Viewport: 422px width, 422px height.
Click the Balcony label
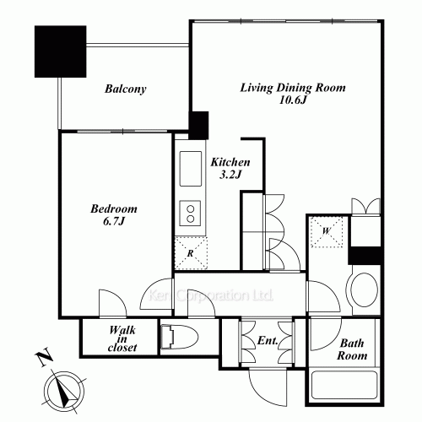(x=126, y=89)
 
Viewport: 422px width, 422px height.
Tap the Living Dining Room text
(x=293, y=88)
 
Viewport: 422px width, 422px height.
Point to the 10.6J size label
(x=293, y=100)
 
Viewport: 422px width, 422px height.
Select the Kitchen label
(x=230, y=162)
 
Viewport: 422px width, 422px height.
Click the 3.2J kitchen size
(x=230, y=175)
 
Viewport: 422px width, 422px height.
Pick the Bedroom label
(x=114, y=208)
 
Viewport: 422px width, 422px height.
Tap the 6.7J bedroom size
(x=114, y=221)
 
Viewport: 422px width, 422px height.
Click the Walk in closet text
(x=122, y=338)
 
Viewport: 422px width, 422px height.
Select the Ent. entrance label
(x=268, y=341)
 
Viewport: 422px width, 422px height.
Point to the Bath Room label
(x=352, y=349)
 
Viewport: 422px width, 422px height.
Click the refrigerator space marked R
(x=191, y=253)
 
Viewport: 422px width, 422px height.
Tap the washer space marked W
(x=327, y=232)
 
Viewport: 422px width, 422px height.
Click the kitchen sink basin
(x=191, y=169)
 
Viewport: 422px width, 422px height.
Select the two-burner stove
(x=191, y=214)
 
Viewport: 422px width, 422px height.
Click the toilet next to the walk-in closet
(x=180, y=338)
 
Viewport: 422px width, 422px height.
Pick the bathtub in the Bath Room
(x=344, y=385)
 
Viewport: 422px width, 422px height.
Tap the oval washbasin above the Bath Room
(x=365, y=289)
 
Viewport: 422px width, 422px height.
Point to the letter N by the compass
(x=45, y=358)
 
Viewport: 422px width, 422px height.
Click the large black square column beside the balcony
(x=60, y=51)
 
